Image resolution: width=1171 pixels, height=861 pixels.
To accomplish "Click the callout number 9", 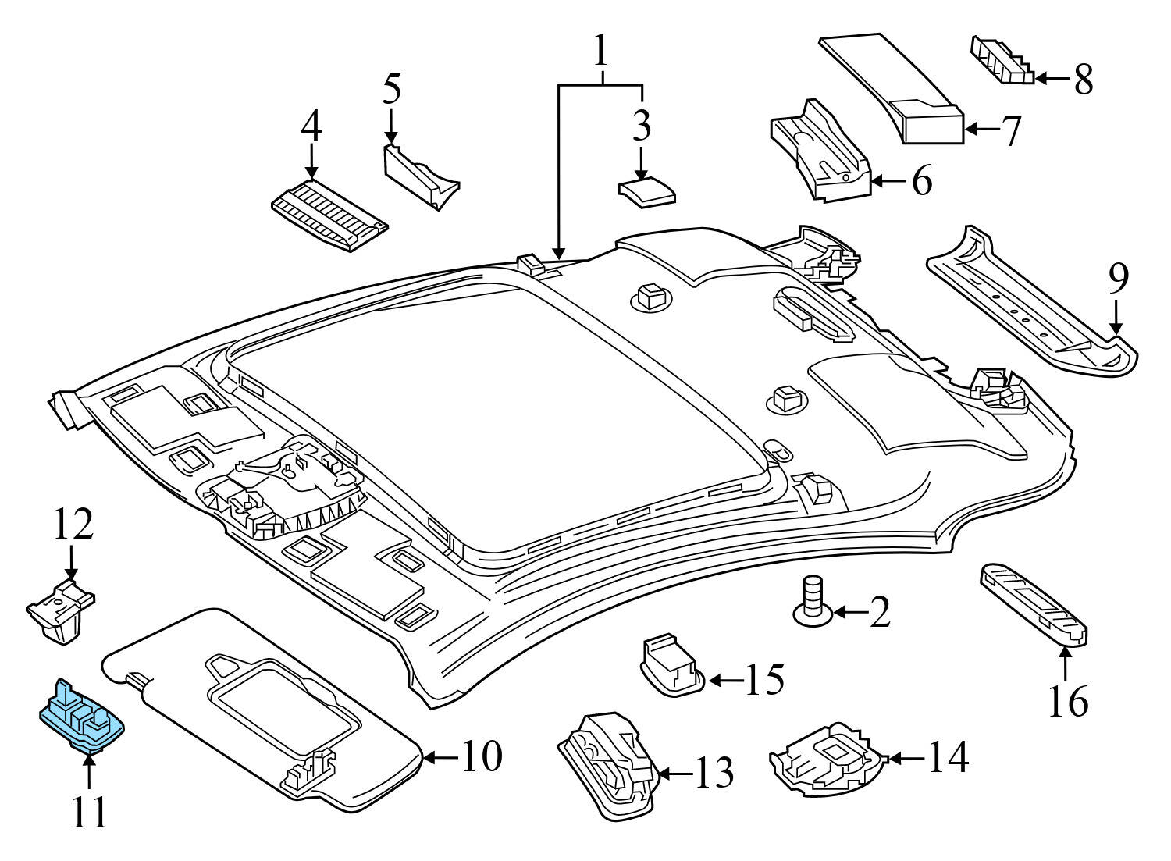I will pos(1118,279).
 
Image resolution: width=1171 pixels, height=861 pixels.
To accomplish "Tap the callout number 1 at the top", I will pos(600,52).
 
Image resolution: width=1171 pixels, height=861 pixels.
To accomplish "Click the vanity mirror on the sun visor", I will pos(281,703).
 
